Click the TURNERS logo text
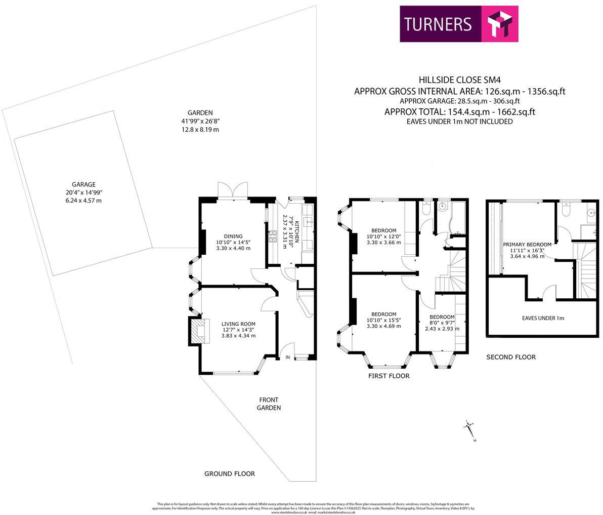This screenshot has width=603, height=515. click(x=438, y=24)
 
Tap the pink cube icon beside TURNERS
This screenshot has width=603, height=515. click(x=499, y=24)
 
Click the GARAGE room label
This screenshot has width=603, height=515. click(x=83, y=185)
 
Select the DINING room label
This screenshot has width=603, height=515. click(x=233, y=236)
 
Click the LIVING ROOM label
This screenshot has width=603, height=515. click(x=238, y=324)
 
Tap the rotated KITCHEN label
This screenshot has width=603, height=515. click(x=297, y=231)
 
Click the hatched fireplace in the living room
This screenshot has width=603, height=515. click(x=198, y=330)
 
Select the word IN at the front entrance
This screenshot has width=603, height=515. click(x=288, y=358)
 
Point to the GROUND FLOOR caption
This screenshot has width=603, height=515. click(x=229, y=474)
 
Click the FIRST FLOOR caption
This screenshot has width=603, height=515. click(x=389, y=376)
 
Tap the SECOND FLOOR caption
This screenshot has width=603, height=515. click(x=510, y=357)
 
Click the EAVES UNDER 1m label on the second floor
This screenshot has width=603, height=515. click(x=542, y=318)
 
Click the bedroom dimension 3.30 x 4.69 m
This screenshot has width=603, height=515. click(x=383, y=326)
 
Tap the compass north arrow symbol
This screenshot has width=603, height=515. click(x=470, y=431)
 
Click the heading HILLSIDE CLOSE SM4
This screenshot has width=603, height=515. click(x=459, y=80)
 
